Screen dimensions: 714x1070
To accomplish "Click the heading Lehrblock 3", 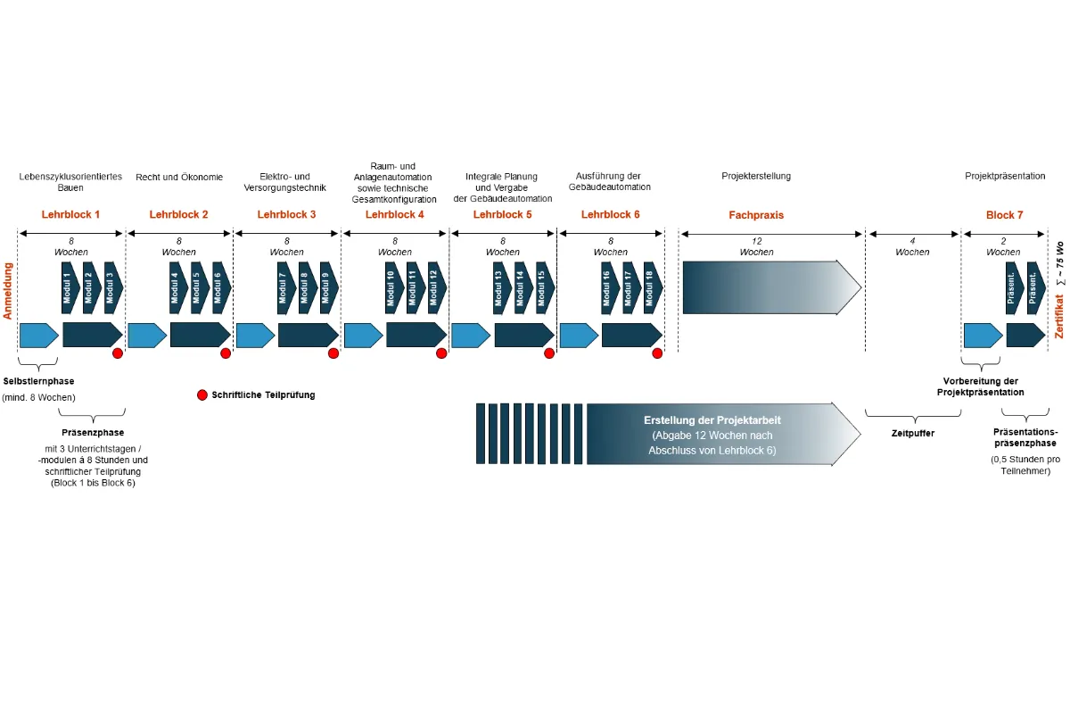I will click(286, 215).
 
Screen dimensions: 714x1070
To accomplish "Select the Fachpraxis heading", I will click(756, 215).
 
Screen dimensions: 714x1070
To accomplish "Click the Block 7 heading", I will click(1004, 215).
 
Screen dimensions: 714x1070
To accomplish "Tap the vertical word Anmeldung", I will click(9, 290).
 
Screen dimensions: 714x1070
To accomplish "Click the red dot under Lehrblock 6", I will click(657, 353).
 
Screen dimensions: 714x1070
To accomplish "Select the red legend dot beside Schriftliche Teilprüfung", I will click(202, 394).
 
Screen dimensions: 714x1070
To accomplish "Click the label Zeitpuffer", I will click(912, 433).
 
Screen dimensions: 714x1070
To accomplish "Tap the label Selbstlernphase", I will click(39, 382).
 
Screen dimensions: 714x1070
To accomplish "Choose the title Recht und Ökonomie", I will click(179, 177).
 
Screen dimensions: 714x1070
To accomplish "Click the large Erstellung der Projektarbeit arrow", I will click(713, 434).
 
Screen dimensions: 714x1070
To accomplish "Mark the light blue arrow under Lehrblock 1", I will click(38, 335).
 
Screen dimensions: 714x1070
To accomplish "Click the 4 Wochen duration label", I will click(912, 246).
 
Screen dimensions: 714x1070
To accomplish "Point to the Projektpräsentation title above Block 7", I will click(1005, 177).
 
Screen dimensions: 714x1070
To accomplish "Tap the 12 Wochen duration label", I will click(756, 246).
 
